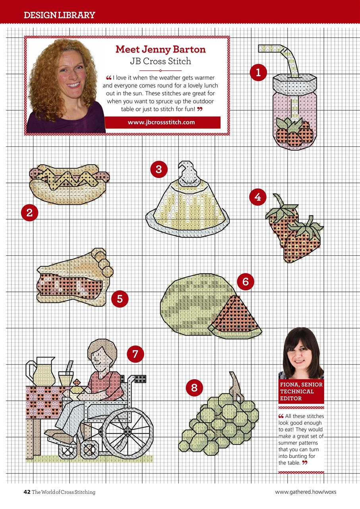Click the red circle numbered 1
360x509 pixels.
click(258, 72)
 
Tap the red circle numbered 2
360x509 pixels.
click(29, 213)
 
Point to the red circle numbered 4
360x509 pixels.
click(258, 197)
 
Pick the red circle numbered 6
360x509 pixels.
click(245, 282)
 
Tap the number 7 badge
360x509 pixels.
click(135, 354)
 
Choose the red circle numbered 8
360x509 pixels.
click(194, 387)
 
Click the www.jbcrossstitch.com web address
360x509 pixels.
click(161, 122)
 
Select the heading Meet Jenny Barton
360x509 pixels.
click(161, 49)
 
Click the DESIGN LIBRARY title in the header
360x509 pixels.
click(59, 16)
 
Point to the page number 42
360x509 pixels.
click(27, 492)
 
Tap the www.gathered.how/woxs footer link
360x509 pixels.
click(306, 492)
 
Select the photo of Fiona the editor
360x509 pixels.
click(301, 354)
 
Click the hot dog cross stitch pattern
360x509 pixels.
click(70, 185)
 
